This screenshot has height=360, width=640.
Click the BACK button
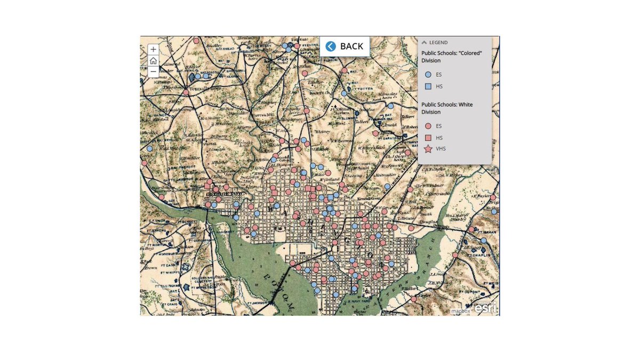[x=345, y=46]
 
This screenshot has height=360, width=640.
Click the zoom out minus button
[x=153, y=71]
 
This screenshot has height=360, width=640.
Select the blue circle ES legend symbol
[x=428, y=75]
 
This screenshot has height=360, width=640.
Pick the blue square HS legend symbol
[x=428, y=86]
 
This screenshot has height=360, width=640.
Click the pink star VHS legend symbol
[x=428, y=149]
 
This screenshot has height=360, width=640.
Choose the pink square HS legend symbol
[x=428, y=138]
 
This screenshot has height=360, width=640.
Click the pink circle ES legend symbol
[x=428, y=126]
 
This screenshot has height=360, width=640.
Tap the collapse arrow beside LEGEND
[x=425, y=42]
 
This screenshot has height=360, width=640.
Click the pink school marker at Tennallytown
[x=186, y=92]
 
